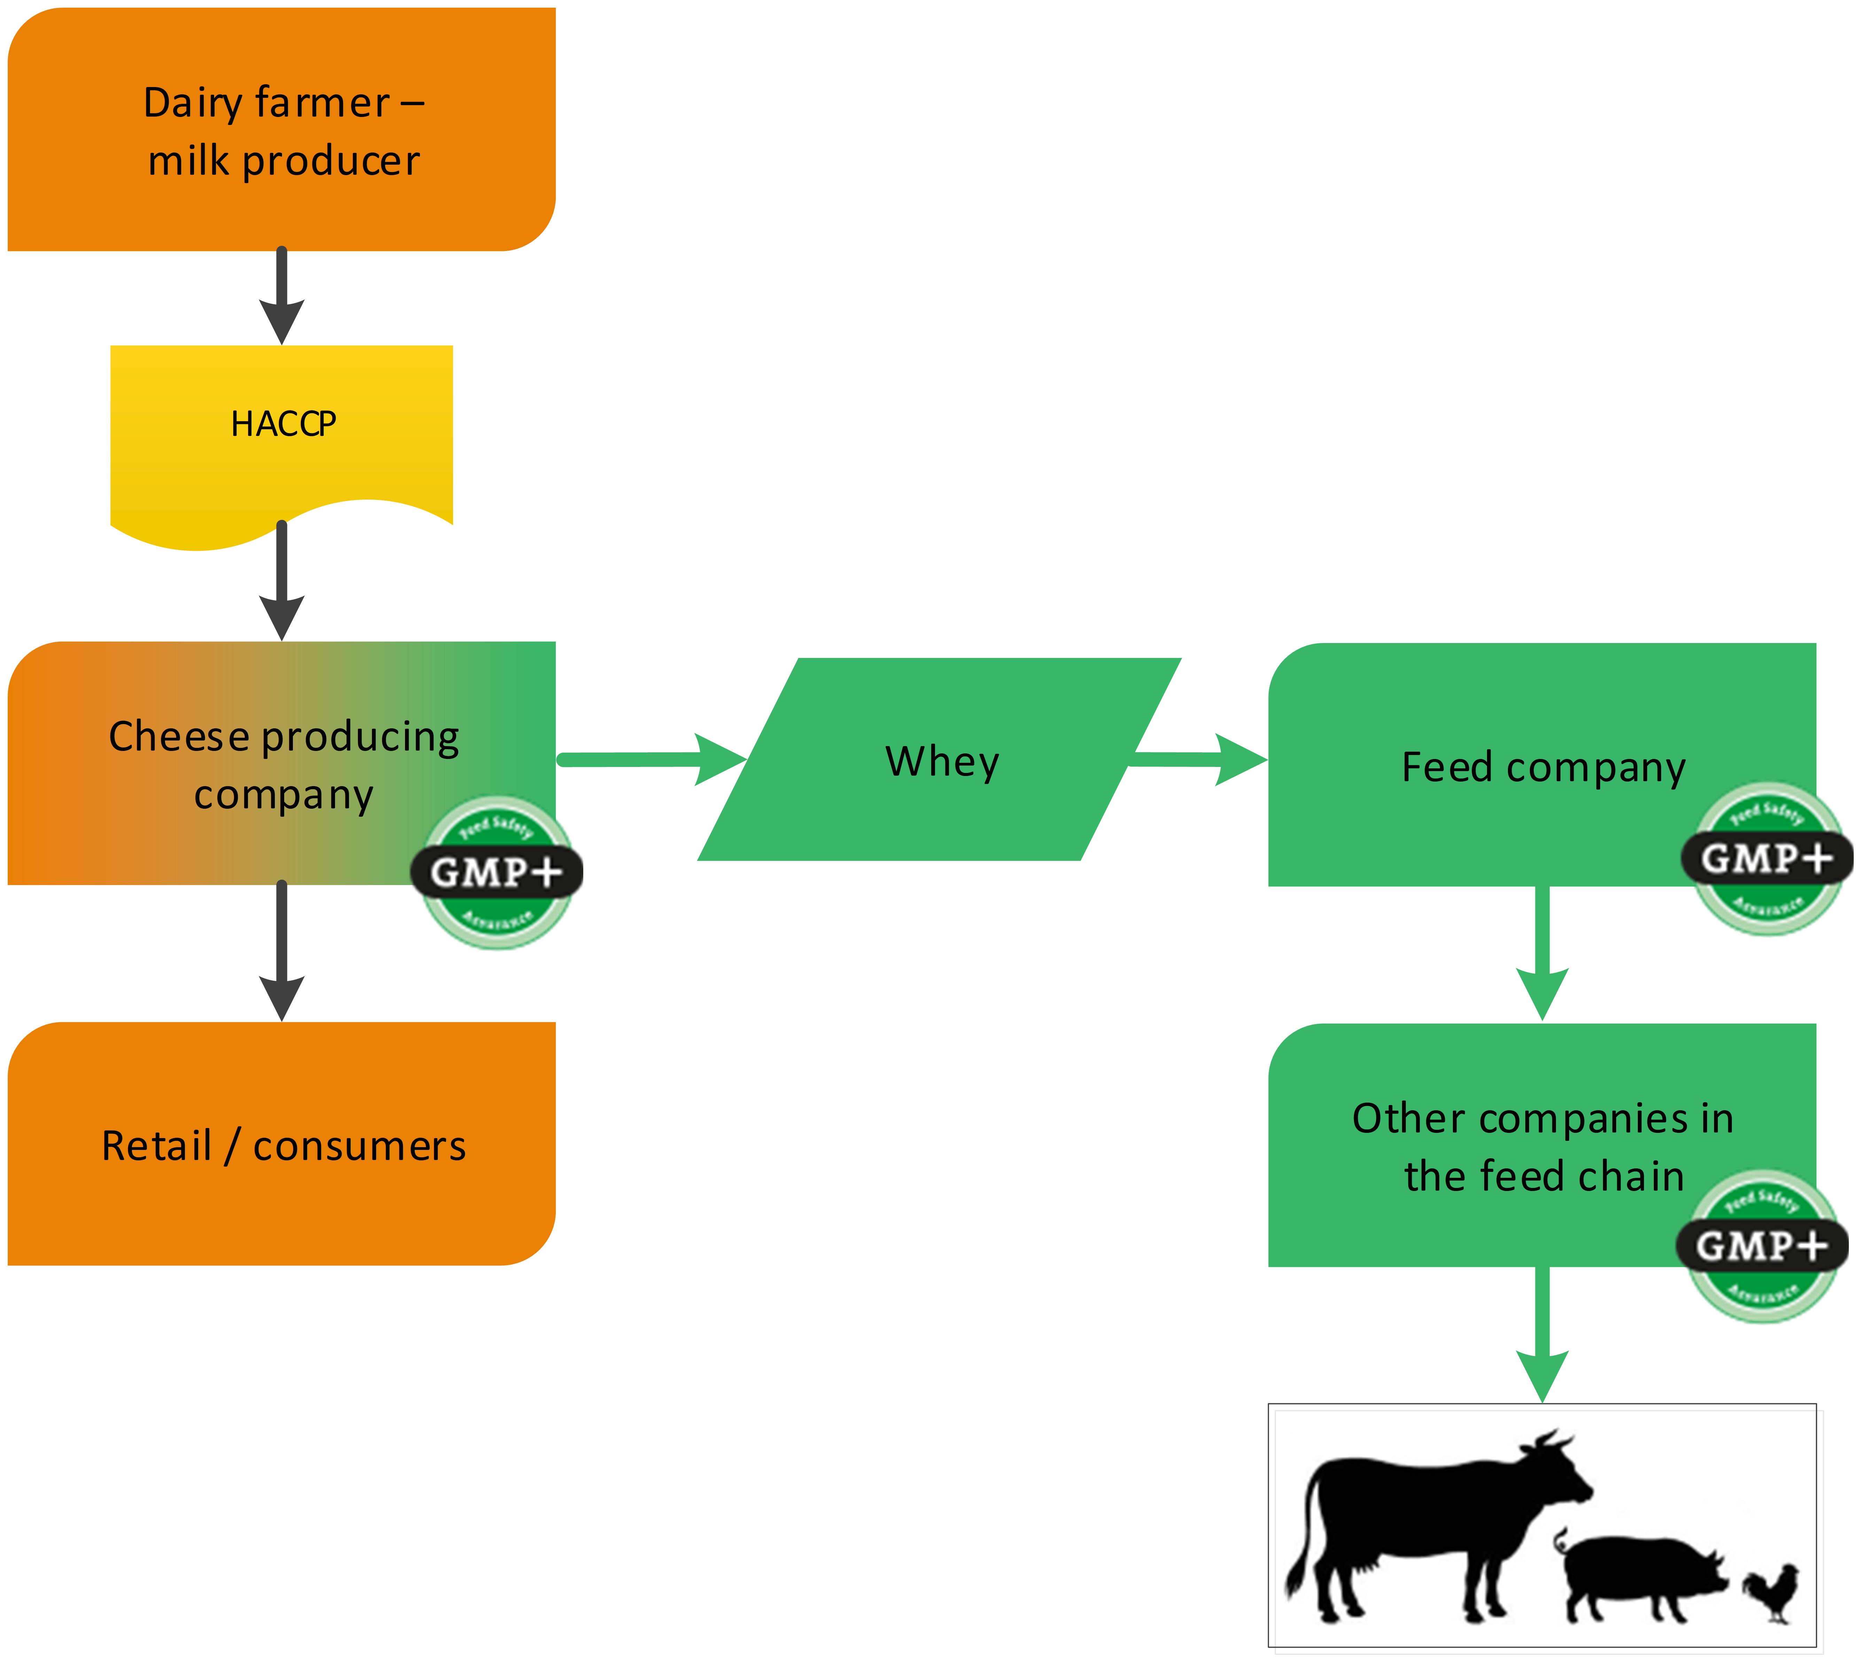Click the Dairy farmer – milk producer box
point(281,130)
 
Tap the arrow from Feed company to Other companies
point(1542,954)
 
